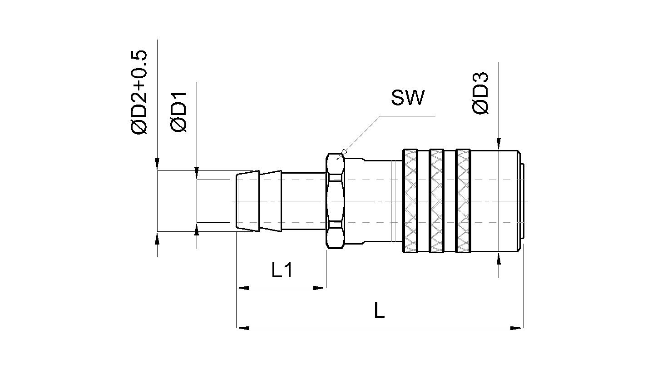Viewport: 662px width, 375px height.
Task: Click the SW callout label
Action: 408,97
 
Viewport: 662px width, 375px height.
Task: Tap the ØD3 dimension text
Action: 480,93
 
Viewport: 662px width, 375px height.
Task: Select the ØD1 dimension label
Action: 178,111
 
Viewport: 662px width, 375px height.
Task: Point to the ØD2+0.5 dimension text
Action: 138,93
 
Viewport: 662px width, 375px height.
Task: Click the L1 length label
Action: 282,270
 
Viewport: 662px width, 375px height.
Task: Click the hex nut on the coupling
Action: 336,201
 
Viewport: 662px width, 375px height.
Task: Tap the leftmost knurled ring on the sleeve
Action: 410,201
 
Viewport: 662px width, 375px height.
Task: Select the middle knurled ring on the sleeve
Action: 436,201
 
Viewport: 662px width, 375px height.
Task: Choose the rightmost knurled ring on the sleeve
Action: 463,201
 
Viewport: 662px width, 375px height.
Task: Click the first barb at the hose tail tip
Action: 247,201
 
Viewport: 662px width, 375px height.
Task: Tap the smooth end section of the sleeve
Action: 495,201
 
